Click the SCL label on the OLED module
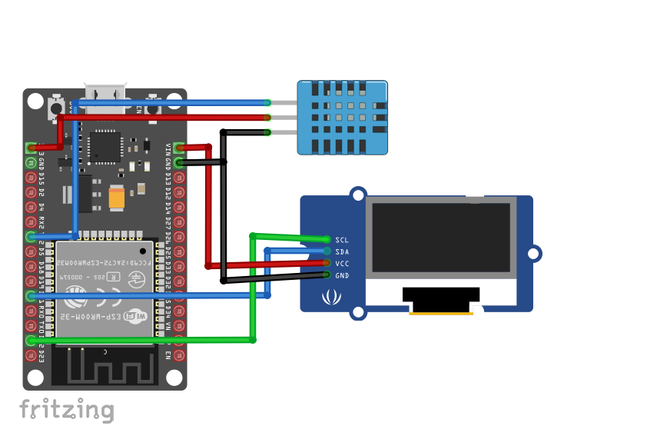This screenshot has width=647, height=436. pos(342,240)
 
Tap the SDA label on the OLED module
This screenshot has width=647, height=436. pos(342,251)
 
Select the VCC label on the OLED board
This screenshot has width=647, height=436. pos(342,263)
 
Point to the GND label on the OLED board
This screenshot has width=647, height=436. pos(342,275)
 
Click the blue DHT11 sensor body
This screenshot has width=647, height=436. pos(343,117)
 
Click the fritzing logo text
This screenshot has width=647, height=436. pos(66,409)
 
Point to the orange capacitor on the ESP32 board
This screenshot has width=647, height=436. pos(117,198)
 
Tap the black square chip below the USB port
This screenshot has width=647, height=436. pos(105,146)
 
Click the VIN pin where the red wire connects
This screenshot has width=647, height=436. pos(179,148)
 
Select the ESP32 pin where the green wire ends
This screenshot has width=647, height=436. pos(31,340)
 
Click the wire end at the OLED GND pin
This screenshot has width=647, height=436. pos(327,275)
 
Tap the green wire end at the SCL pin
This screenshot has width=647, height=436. pos(327,240)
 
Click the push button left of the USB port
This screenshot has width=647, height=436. pos(56,108)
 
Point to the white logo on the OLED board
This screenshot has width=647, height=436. pos(331,295)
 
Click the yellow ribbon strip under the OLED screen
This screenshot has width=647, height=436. pos(440,312)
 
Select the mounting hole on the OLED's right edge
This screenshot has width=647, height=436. pos(533,253)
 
